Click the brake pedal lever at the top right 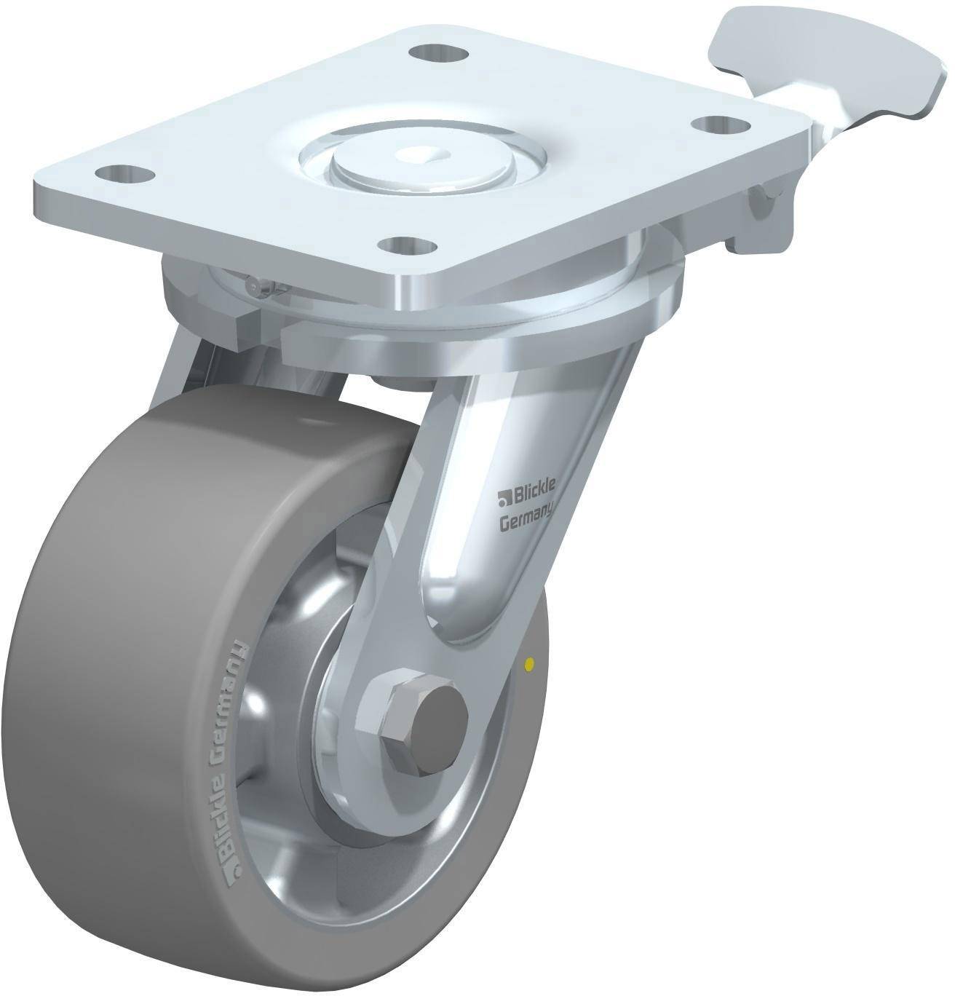coord(819,61)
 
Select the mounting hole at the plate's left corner coord(125,175)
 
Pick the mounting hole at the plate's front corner coord(410,246)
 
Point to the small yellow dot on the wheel coord(529,664)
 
